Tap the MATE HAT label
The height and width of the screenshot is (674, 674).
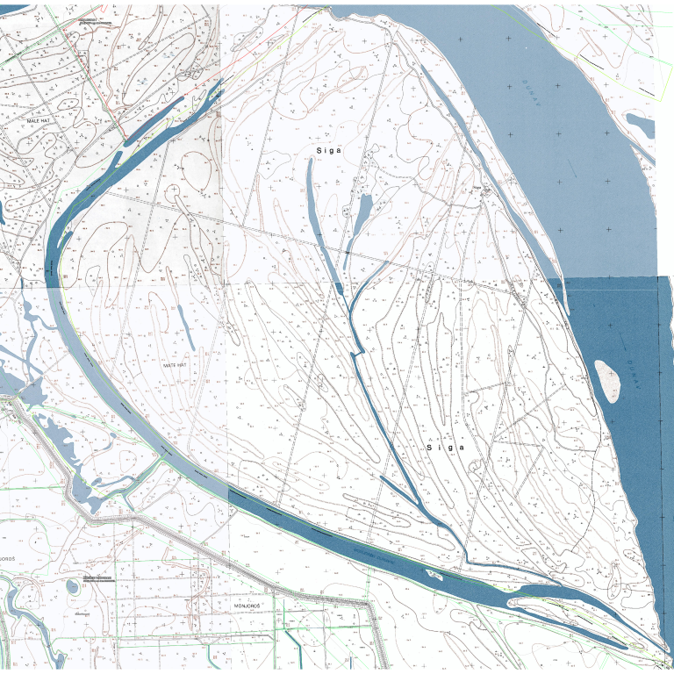(x=175, y=364)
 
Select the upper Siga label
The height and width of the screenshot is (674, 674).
(x=326, y=151)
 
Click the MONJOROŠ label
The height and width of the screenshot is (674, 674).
(x=249, y=606)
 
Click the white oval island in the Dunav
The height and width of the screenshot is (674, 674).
(x=606, y=380)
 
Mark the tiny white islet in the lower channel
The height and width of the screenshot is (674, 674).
(x=434, y=575)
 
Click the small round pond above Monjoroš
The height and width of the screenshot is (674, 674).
(x=73, y=586)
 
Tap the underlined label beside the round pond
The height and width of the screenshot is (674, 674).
(x=97, y=577)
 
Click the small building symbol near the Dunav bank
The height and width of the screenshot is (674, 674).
(x=479, y=187)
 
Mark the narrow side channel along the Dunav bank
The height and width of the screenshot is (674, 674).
(x=491, y=176)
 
